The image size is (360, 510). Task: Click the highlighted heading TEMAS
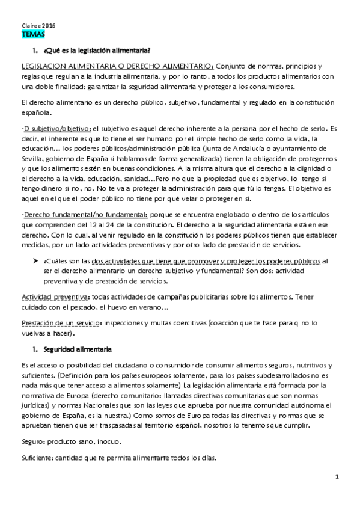(29, 35)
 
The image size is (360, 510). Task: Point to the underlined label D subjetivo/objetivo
(57, 128)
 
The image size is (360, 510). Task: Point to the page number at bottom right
(338, 478)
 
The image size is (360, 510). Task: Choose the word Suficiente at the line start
(36, 458)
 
